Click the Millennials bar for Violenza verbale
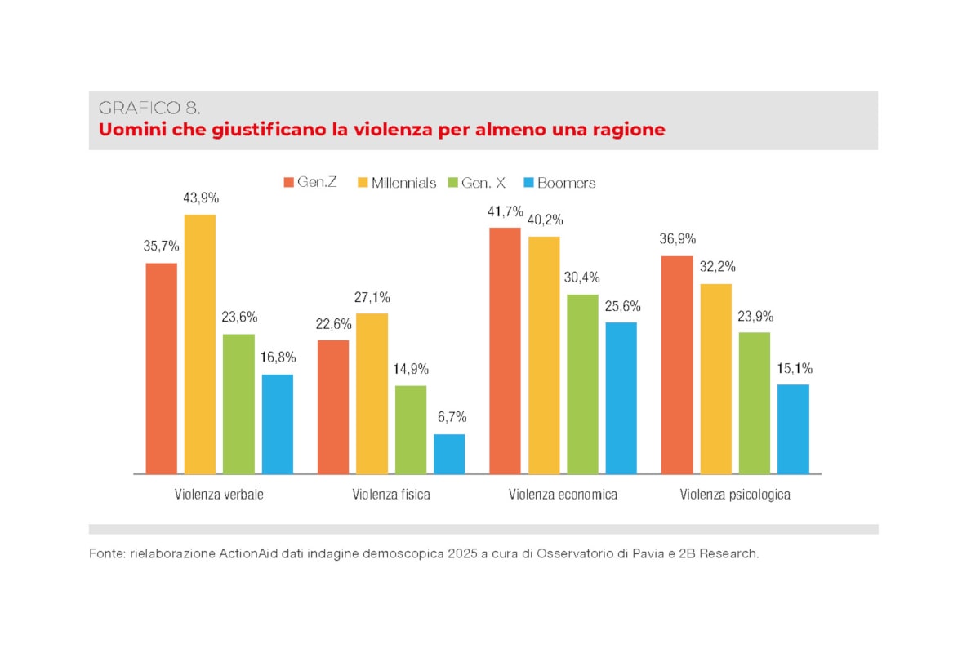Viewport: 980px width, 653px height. coord(200,344)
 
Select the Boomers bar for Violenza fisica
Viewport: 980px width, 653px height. coord(449,454)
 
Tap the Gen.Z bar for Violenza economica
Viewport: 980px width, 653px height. coord(505,350)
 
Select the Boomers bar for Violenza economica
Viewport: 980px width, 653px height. coord(621,398)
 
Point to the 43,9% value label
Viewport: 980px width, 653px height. coord(201,198)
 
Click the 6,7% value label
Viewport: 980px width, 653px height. coord(450,417)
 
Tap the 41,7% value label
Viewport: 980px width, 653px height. coord(506,211)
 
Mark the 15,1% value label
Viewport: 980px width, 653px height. coord(794,368)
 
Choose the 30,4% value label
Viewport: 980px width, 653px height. coord(582,277)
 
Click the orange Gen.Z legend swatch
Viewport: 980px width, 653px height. coord(288,182)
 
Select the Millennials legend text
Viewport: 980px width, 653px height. coord(403,183)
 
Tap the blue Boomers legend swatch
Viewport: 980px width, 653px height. coord(528,182)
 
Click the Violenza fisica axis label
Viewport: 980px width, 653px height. coord(391,495)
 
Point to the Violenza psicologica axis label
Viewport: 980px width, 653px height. coord(735,495)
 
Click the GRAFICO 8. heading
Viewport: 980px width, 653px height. coord(149,108)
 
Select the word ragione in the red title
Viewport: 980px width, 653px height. coord(627,130)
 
